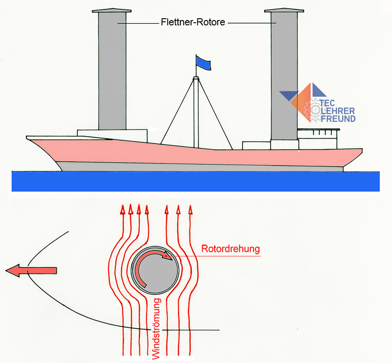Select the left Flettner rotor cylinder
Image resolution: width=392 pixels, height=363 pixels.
[112, 71]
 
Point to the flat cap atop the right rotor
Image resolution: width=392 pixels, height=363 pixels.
[284, 10]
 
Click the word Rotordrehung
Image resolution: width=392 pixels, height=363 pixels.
[230, 249]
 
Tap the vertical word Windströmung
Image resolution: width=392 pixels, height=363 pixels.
[156, 329]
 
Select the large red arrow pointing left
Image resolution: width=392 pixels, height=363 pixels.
[31, 270]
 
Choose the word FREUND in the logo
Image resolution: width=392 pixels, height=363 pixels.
[338, 119]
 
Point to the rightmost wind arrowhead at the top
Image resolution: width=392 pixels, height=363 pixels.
[190, 209]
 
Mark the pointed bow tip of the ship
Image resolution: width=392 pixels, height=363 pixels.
[28, 138]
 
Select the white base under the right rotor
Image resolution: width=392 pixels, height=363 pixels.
[284, 145]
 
